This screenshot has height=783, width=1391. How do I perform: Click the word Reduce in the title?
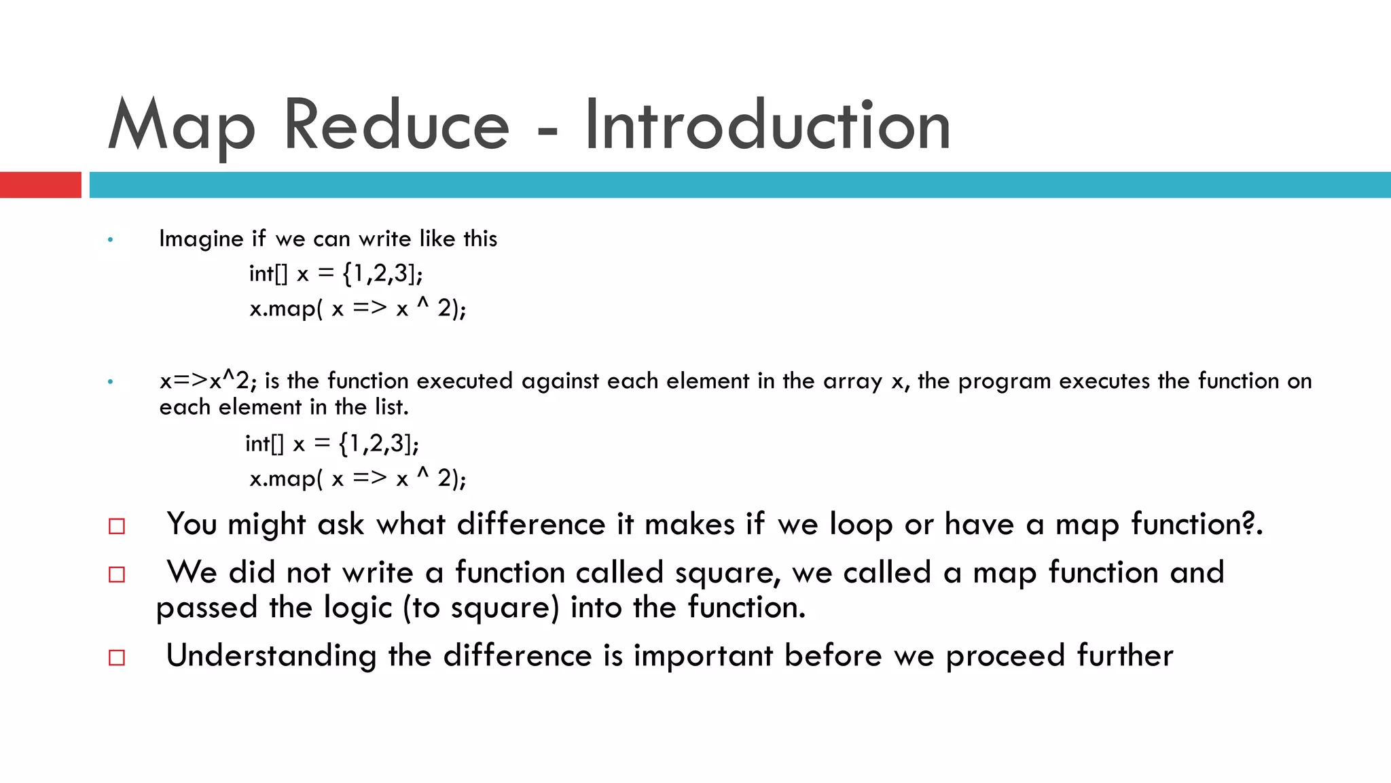[x=396, y=125]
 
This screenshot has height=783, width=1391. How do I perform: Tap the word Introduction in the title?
[x=767, y=125]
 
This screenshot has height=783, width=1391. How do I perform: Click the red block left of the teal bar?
[x=40, y=185]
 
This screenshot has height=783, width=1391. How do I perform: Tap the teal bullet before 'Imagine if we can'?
[x=111, y=240]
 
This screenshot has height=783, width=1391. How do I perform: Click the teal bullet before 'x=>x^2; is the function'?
[x=111, y=382]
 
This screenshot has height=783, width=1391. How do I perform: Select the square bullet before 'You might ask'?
[x=117, y=526]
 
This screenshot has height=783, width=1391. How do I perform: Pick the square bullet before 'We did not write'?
[x=117, y=574]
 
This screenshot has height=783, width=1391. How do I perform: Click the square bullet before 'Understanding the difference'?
[x=117, y=657]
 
